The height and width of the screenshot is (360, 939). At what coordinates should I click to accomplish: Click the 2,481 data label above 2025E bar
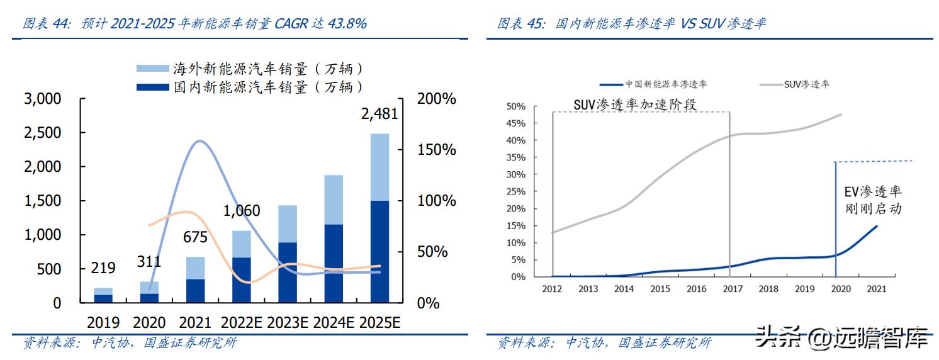(x=380, y=114)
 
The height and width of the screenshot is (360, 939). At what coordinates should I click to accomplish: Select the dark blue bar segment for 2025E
(x=380, y=251)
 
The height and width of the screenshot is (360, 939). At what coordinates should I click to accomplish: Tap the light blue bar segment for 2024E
(x=334, y=200)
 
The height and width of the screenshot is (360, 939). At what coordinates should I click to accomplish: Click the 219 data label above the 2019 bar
(x=103, y=268)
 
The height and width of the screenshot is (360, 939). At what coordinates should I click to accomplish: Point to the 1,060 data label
(x=241, y=211)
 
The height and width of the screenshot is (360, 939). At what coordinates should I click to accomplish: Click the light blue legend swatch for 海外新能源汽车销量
(x=153, y=69)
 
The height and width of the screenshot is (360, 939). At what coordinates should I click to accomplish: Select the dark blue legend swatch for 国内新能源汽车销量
(x=153, y=87)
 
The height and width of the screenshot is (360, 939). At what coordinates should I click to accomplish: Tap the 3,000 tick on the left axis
(x=43, y=99)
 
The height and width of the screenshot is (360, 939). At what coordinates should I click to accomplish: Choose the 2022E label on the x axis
(x=242, y=323)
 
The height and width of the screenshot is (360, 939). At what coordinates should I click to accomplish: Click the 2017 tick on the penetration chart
(x=731, y=289)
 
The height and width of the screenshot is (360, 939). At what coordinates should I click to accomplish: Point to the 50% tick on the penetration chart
(x=515, y=106)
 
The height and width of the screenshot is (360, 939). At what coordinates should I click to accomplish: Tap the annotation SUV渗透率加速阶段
(x=635, y=104)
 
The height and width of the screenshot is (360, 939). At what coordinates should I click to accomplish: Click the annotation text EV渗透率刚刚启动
(x=873, y=200)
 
